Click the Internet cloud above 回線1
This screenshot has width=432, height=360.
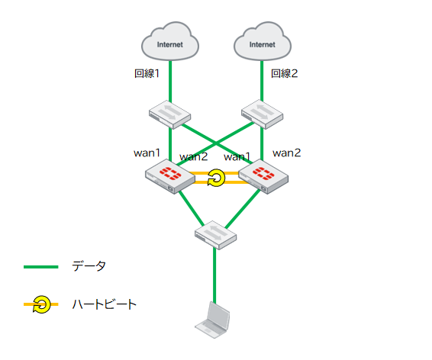[170, 41]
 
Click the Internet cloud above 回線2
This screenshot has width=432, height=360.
[263, 41]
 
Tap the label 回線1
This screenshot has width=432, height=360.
[147, 73]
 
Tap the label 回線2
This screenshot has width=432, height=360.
[285, 73]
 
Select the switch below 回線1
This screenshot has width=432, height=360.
[169, 114]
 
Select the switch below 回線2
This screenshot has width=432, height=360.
[262, 114]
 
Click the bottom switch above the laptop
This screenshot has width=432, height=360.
[215, 235]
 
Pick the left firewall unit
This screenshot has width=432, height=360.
[170, 176]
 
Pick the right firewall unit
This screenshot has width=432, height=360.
[263, 176]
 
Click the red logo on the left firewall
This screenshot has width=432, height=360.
[170, 173]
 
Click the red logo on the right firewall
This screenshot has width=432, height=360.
[263, 173]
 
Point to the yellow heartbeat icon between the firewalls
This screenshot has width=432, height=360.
[216, 178]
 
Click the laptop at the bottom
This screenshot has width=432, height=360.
[212, 320]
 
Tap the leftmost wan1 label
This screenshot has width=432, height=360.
[147, 153]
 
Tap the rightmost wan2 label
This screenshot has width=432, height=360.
[286, 153]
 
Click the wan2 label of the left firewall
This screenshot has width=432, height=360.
[193, 157]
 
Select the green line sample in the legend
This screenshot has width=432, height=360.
[41, 267]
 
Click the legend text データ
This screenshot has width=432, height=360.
[89, 266]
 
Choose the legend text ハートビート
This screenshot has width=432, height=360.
[105, 304]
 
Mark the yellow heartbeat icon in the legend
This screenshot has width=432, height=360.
[42, 304]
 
